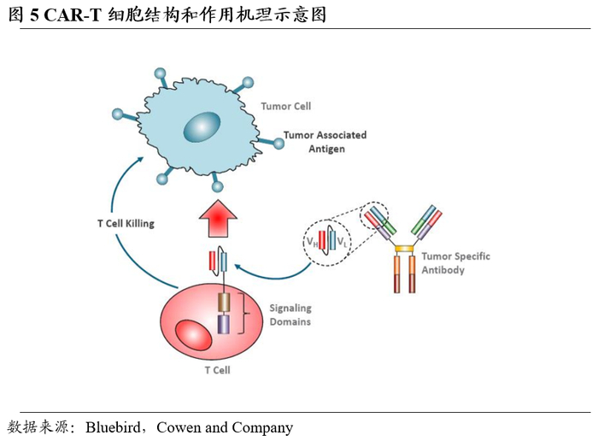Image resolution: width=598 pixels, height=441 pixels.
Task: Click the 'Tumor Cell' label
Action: (x=286, y=107)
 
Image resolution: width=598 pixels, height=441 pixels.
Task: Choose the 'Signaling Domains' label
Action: (x=290, y=315)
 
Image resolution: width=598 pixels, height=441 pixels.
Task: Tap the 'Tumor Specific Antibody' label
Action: (x=456, y=263)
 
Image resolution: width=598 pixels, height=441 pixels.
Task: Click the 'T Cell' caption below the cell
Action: (x=217, y=370)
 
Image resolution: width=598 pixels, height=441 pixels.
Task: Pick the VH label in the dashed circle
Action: (x=312, y=243)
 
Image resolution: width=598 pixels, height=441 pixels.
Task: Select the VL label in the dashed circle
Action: (x=343, y=244)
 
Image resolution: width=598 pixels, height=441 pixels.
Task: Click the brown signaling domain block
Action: (x=224, y=302)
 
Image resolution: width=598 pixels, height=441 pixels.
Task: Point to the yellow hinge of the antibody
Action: (x=404, y=249)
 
